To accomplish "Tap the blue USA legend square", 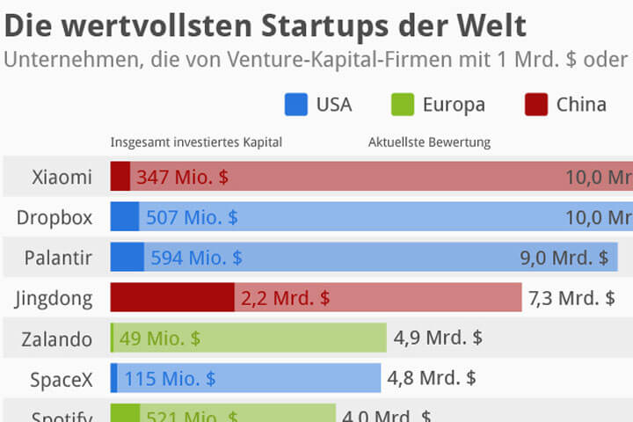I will [296, 105].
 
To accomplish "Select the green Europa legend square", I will [402, 105].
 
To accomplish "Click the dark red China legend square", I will [536, 105].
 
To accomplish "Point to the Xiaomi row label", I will [62, 177].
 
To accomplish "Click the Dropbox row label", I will [55, 217].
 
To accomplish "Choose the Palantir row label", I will [58, 258].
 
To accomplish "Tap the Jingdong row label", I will [54, 298].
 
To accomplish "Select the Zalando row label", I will [57, 338].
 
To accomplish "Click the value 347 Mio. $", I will [182, 177].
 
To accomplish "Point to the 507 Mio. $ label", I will [192, 217].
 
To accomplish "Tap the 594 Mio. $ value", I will [196, 258].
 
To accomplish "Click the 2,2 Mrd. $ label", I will [285, 298].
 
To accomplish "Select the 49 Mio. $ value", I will [159, 338].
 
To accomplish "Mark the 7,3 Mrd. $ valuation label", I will [571, 298].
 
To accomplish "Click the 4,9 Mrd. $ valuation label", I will [438, 338].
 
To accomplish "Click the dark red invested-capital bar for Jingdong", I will [171, 298].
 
